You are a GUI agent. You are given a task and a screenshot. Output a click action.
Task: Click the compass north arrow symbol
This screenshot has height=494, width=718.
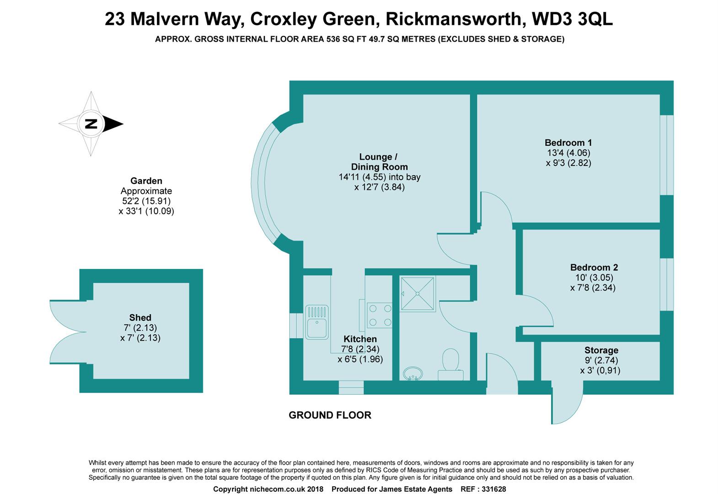(91, 123)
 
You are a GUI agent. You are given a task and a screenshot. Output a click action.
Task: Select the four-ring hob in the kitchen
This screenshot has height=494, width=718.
(380, 315)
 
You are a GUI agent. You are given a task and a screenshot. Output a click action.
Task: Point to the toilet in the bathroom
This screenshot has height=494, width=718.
(450, 364)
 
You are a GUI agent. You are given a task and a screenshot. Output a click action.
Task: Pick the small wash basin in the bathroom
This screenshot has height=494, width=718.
(413, 374)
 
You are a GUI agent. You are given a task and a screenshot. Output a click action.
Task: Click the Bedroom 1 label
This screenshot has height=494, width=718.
(568, 143)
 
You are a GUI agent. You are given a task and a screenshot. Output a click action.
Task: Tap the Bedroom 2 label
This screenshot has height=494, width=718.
(594, 268)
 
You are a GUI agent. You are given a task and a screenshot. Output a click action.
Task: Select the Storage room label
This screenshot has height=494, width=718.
(601, 350)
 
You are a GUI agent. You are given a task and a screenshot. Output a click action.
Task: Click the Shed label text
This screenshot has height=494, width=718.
(140, 317)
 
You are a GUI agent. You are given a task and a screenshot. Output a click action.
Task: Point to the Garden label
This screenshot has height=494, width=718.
(146, 181)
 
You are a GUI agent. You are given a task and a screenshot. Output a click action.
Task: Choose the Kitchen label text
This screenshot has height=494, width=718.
(360, 339)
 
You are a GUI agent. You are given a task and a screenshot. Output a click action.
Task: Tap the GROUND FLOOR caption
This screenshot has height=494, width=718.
(330, 415)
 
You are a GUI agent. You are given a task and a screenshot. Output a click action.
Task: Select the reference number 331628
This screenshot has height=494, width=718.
(491, 489)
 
